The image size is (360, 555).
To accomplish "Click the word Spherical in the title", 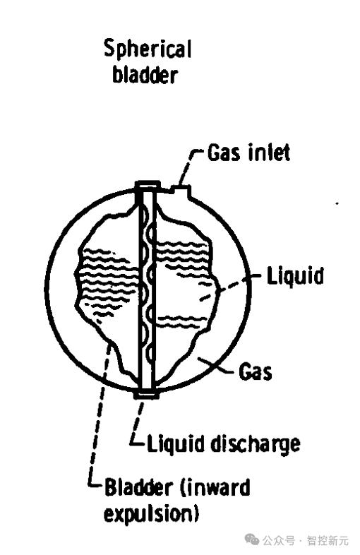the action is (148, 49).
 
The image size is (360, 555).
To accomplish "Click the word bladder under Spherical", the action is (145, 75).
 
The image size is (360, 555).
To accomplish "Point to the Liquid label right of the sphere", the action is (296, 276).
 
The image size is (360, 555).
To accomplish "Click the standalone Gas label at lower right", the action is (256, 372).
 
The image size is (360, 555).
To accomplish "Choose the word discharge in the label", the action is (256, 444).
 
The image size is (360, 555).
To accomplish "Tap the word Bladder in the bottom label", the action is (139, 487).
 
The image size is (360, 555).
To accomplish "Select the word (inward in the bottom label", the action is (215, 487).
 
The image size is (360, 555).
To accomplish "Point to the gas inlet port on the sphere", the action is (181, 191).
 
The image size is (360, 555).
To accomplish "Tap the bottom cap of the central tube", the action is (146, 395).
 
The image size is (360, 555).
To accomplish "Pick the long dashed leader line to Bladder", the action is (97, 414).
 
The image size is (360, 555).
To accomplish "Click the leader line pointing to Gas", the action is (216, 366).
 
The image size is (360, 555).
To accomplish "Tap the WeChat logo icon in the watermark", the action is (252, 540).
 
